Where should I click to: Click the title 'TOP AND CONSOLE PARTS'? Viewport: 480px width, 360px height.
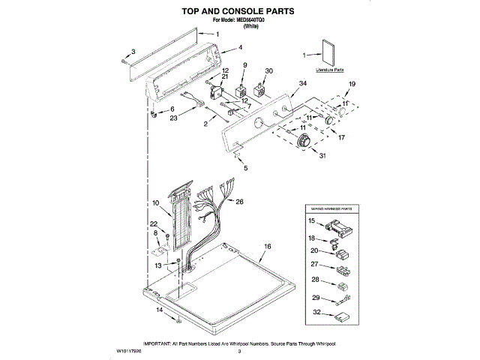point(239,11)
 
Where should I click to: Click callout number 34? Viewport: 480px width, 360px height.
point(303,83)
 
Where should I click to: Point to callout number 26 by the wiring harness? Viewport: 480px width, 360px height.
point(240,201)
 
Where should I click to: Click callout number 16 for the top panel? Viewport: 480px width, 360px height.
point(266,247)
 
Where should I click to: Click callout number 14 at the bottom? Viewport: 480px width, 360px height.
point(159,309)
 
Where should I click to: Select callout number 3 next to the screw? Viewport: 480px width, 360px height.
point(133,51)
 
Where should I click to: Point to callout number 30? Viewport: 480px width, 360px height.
point(268,71)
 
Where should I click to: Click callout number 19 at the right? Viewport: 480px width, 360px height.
point(352,83)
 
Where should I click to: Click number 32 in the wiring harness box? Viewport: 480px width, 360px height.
point(316,312)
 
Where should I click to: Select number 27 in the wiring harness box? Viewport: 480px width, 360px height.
point(315,264)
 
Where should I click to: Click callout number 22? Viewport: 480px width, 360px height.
point(154,223)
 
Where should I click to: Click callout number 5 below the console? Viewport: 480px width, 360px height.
point(244,169)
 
